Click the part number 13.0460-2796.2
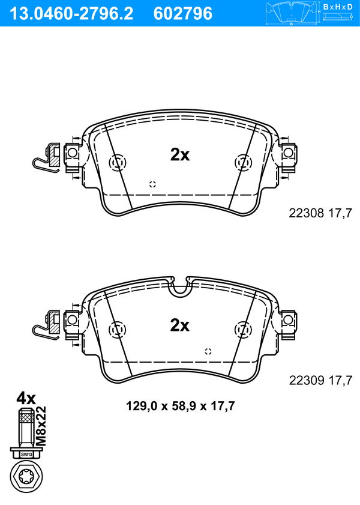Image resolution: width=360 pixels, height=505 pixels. pos(71,14)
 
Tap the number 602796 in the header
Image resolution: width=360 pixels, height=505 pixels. pos(183,14)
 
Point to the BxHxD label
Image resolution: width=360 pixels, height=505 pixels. pos(338,7)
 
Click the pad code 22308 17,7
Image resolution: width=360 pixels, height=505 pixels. pos(320,213)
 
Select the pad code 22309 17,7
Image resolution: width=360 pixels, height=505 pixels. pos(320,380)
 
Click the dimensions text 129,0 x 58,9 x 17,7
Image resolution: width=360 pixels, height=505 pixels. pos(180,406)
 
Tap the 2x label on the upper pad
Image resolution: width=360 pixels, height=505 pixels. pos(180,155)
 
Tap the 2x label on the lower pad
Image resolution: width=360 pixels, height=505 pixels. pos(180,325)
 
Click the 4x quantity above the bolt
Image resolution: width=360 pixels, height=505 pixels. pos(26,398)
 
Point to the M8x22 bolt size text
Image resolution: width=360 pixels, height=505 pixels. pos(41,426)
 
